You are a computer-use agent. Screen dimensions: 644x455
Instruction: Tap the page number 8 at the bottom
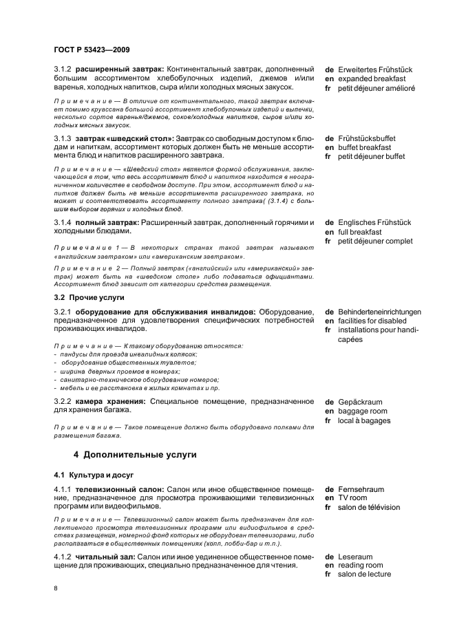coord(56,589)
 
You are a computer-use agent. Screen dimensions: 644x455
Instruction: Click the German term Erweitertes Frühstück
coord(375,69)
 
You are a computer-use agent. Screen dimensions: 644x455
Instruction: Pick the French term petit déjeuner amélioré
coord(377,89)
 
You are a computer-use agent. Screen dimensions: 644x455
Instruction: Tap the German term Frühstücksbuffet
coord(366,138)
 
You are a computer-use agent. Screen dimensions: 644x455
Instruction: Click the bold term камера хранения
coord(109,401)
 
